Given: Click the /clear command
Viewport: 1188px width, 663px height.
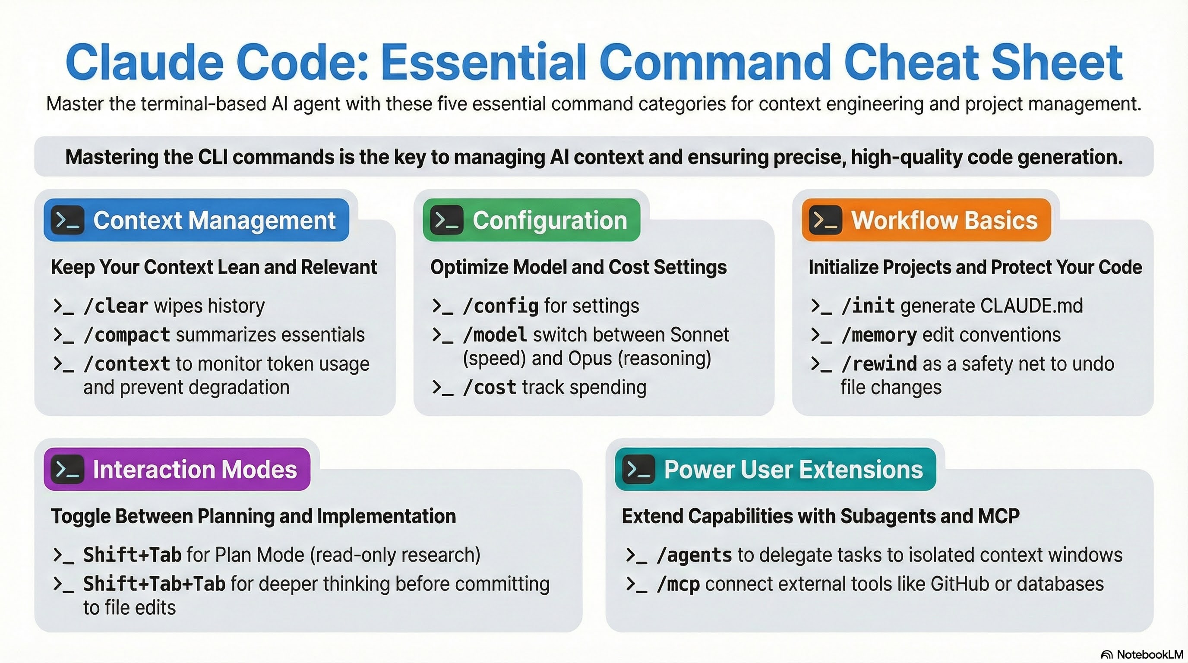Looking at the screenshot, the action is pyautogui.click(x=116, y=306).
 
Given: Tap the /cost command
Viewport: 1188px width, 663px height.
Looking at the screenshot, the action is pyautogui.click(x=489, y=388).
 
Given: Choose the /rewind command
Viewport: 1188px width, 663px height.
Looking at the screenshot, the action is pyautogui.click(x=879, y=364).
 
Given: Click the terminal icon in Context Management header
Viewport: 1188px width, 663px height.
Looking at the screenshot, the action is pyautogui.click(x=67, y=221).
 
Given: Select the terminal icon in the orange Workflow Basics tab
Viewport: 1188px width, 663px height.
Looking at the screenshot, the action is pyautogui.click(x=825, y=221).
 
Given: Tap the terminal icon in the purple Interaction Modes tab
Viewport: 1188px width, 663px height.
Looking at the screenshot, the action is pyautogui.click(x=67, y=469).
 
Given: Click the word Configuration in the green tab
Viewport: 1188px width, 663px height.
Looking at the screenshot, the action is pyautogui.click(x=550, y=221).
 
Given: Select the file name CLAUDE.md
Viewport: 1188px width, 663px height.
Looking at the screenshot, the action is pyautogui.click(x=1031, y=306).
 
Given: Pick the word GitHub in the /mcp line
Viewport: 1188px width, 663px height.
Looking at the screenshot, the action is pyautogui.click(x=960, y=584).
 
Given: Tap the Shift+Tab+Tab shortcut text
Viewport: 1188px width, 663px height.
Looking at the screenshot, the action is pyautogui.click(x=154, y=584).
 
